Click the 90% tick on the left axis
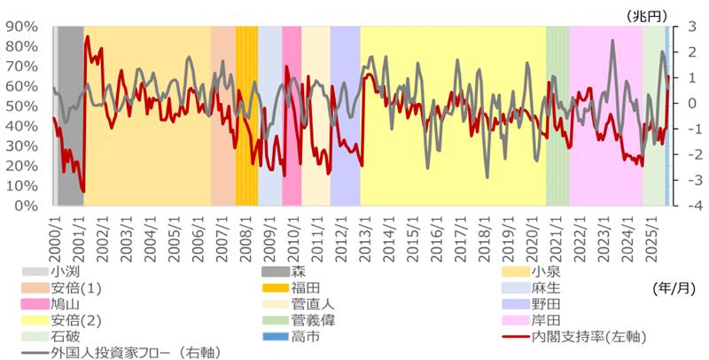pos(22,27)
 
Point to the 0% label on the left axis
pos(26,206)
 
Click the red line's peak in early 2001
pos(87,37)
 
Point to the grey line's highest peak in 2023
pos(612,41)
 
